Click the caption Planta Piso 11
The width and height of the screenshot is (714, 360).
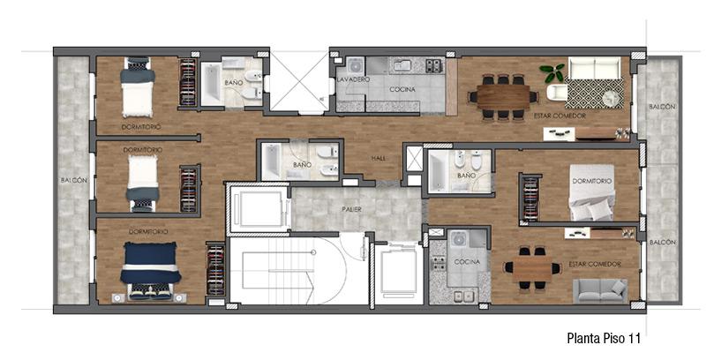(x=604, y=339)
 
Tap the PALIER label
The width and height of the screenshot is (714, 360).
(x=351, y=209)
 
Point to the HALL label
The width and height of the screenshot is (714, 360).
(x=378, y=158)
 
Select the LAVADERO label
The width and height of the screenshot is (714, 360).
(x=353, y=79)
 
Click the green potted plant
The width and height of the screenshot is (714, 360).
(x=552, y=71)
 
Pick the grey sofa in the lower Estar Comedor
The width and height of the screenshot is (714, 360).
(x=599, y=290)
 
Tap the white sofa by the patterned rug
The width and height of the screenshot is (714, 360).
(x=594, y=67)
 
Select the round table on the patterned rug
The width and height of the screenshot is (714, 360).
(x=611, y=98)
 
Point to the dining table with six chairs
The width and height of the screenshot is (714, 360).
(x=503, y=97)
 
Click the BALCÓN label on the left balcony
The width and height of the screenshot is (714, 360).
(x=74, y=181)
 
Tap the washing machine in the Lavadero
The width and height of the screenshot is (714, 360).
(x=355, y=66)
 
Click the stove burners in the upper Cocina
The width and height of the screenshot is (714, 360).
(x=434, y=66)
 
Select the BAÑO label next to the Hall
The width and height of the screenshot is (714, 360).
(x=302, y=165)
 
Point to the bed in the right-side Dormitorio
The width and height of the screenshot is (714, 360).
(x=591, y=192)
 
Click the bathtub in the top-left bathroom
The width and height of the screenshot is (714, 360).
(x=211, y=84)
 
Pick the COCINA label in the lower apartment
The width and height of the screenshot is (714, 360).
(x=467, y=262)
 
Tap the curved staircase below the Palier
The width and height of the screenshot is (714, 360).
(x=298, y=271)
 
